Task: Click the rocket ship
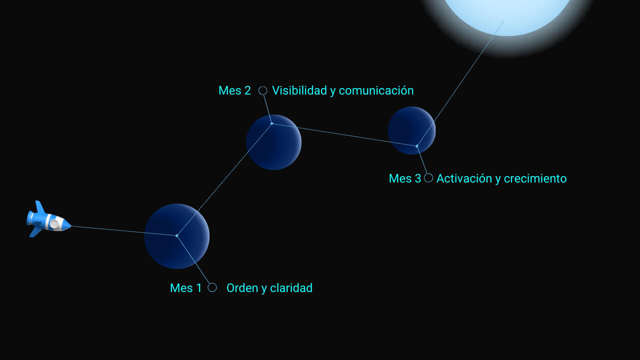(x=48, y=219)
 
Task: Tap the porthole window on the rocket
(x=54, y=224)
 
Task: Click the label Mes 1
(x=185, y=288)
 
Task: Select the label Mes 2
(x=234, y=90)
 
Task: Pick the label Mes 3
(x=405, y=178)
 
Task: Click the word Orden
(x=242, y=288)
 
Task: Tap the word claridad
(x=291, y=288)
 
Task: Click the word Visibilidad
(x=299, y=90)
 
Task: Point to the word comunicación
(x=376, y=90)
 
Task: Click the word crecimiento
(x=535, y=178)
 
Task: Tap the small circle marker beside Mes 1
(x=212, y=287)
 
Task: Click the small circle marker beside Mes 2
(x=263, y=90)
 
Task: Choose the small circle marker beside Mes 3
(x=428, y=177)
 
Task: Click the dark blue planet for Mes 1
(x=177, y=236)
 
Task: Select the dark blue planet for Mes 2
(x=273, y=142)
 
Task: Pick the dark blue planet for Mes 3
(x=411, y=130)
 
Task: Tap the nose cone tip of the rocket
(x=70, y=226)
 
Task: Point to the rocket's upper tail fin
(x=40, y=206)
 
